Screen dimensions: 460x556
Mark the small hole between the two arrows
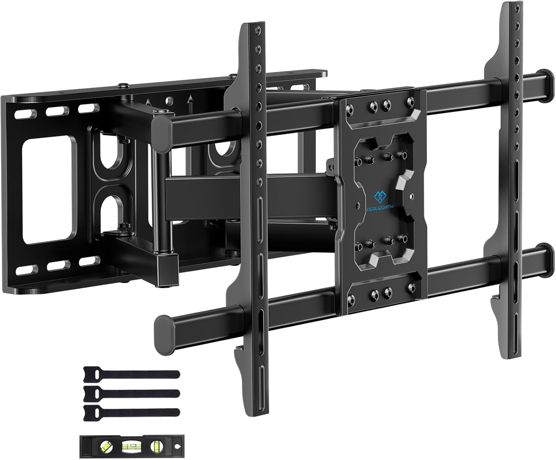pyautogui.click(x=169, y=100)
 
